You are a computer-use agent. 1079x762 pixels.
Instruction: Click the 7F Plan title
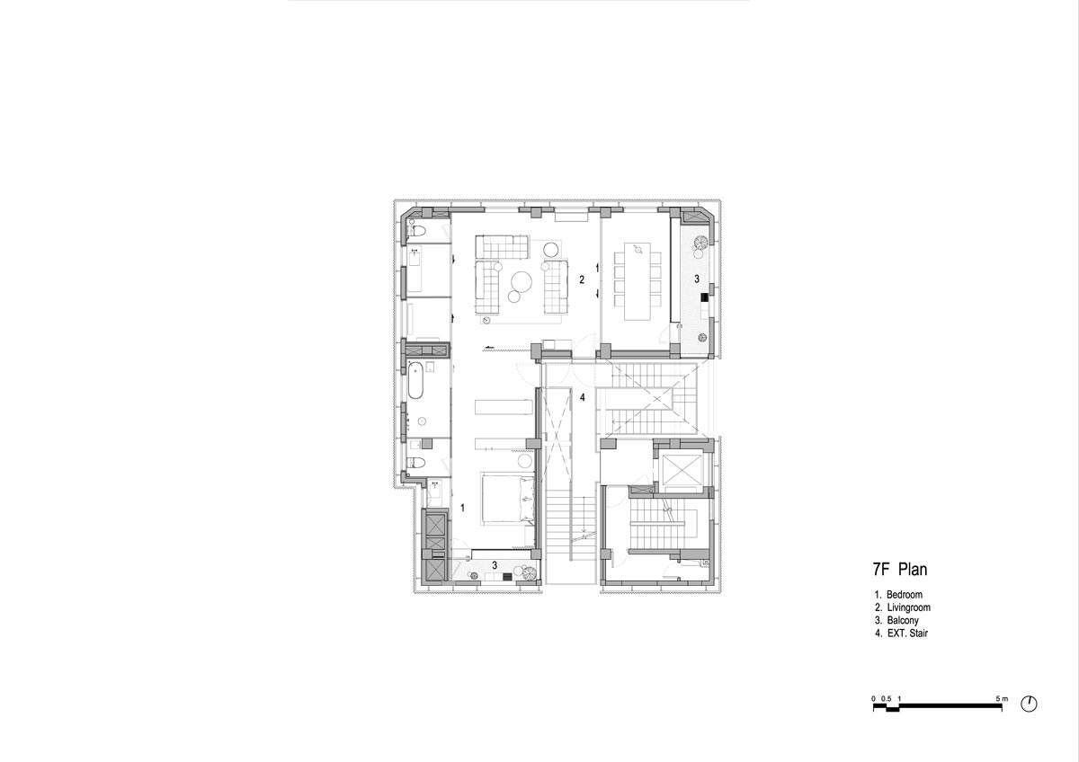(x=900, y=570)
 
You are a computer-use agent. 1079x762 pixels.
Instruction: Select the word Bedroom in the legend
(x=905, y=595)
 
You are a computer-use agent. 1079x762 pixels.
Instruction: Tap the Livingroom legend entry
(x=908, y=607)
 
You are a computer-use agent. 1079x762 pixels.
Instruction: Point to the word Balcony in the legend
(x=903, y=621)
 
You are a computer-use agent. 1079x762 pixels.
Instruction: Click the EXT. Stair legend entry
(x=907, y=633)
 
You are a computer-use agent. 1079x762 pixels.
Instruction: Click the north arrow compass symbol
(x=1029, y=704)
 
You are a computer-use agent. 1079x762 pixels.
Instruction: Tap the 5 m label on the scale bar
(x=1002, y=698)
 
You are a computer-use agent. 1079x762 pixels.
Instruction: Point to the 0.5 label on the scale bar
(x=887, y=698)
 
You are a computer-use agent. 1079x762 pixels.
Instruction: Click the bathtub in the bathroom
(x=415, y=380)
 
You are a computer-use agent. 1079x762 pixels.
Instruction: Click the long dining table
(x=638, y=281)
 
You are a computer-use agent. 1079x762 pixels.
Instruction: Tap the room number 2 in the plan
(x=582, y=279)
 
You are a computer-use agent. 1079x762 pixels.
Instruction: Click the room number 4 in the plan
(x=583, y=397)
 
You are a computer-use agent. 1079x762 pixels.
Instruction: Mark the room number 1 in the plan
(x=462, y=508)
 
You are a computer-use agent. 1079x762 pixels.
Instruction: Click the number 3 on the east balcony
(x=697, y=279)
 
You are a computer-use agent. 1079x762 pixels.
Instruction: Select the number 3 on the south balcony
(x=495, y=564)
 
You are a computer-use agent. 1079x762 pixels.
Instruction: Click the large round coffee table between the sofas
(x=522, y=281)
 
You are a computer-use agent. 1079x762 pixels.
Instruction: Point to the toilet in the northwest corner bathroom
(x=417, y=231)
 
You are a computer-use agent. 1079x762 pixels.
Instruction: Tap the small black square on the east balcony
(x=704, y=298)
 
